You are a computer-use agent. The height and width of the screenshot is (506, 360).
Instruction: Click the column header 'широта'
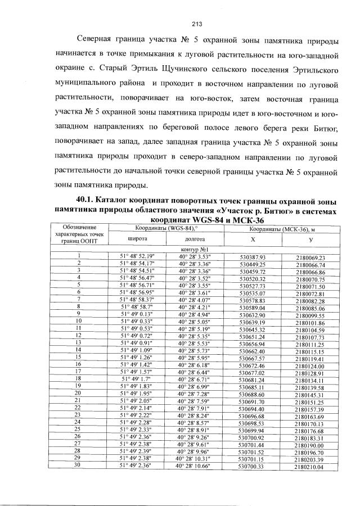tap(138, 238)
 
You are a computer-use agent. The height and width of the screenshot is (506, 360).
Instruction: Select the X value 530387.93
tap(252, 257)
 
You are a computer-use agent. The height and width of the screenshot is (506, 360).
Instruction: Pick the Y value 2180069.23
tap(310, 257)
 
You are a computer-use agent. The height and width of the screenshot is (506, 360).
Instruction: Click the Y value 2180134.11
tap(310, 380)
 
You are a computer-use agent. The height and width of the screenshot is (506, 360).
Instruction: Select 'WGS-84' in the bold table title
tap(212, 219)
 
